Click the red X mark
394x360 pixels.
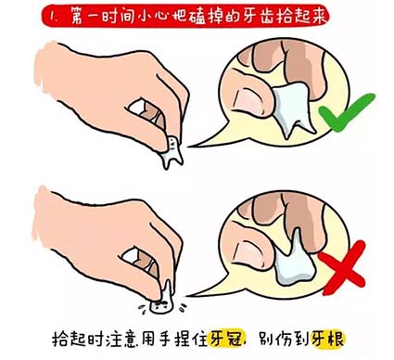pyautogui.click(x=342, y=267)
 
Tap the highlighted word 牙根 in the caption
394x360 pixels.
pyautogui.click(x=327, y=341)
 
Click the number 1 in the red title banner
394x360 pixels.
pyautogui.click(x=55, y=16)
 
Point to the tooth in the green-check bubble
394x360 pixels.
pyautogui.click(x=293, y=109)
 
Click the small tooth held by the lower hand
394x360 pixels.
pyautogui.click(x=162, y=299)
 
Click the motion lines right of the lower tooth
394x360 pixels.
pyautogui.click(x=183, y=307)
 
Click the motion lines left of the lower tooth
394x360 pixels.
pyautogui.click(x=142, y=308)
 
